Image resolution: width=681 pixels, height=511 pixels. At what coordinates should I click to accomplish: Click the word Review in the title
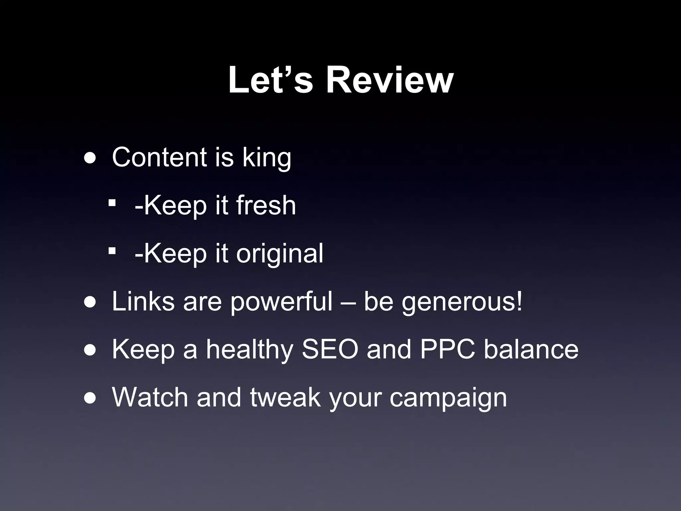389,81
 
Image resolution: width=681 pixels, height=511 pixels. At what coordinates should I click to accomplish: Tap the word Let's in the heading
270,81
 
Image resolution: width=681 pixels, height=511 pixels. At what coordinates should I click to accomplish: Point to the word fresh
266,205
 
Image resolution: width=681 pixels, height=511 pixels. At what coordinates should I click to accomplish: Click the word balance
531,349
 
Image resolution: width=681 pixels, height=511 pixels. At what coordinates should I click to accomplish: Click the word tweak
285,397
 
